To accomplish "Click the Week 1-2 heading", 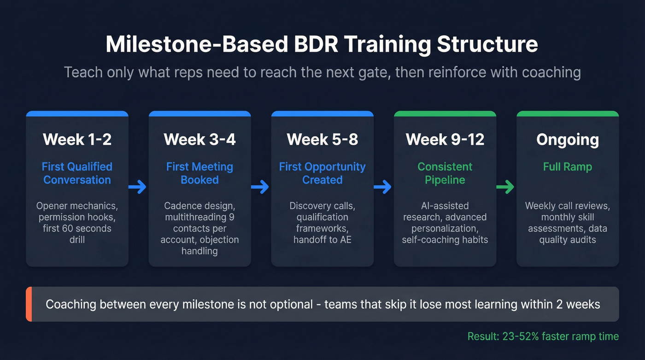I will click(x=77, y=140).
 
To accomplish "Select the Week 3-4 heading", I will click(x=199, y=140).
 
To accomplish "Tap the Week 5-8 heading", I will click(x=322, y=140).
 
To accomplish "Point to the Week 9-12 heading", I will click(x=445, y=140).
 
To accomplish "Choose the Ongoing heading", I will click(x=567, y=140).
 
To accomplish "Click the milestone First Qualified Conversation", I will click(x=77, y=173).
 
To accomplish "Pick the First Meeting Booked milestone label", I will click(x=199, y=173).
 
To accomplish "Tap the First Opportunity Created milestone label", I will click(x=322, y=173).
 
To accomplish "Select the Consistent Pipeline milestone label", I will click(x=445, y=173).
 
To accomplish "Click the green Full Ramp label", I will click(x=567, y=167).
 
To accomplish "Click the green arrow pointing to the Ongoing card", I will click(x=506, y=187).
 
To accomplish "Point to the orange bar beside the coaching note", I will click(x=29, y=304).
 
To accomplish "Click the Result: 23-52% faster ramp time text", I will click(x=543, y=336).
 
